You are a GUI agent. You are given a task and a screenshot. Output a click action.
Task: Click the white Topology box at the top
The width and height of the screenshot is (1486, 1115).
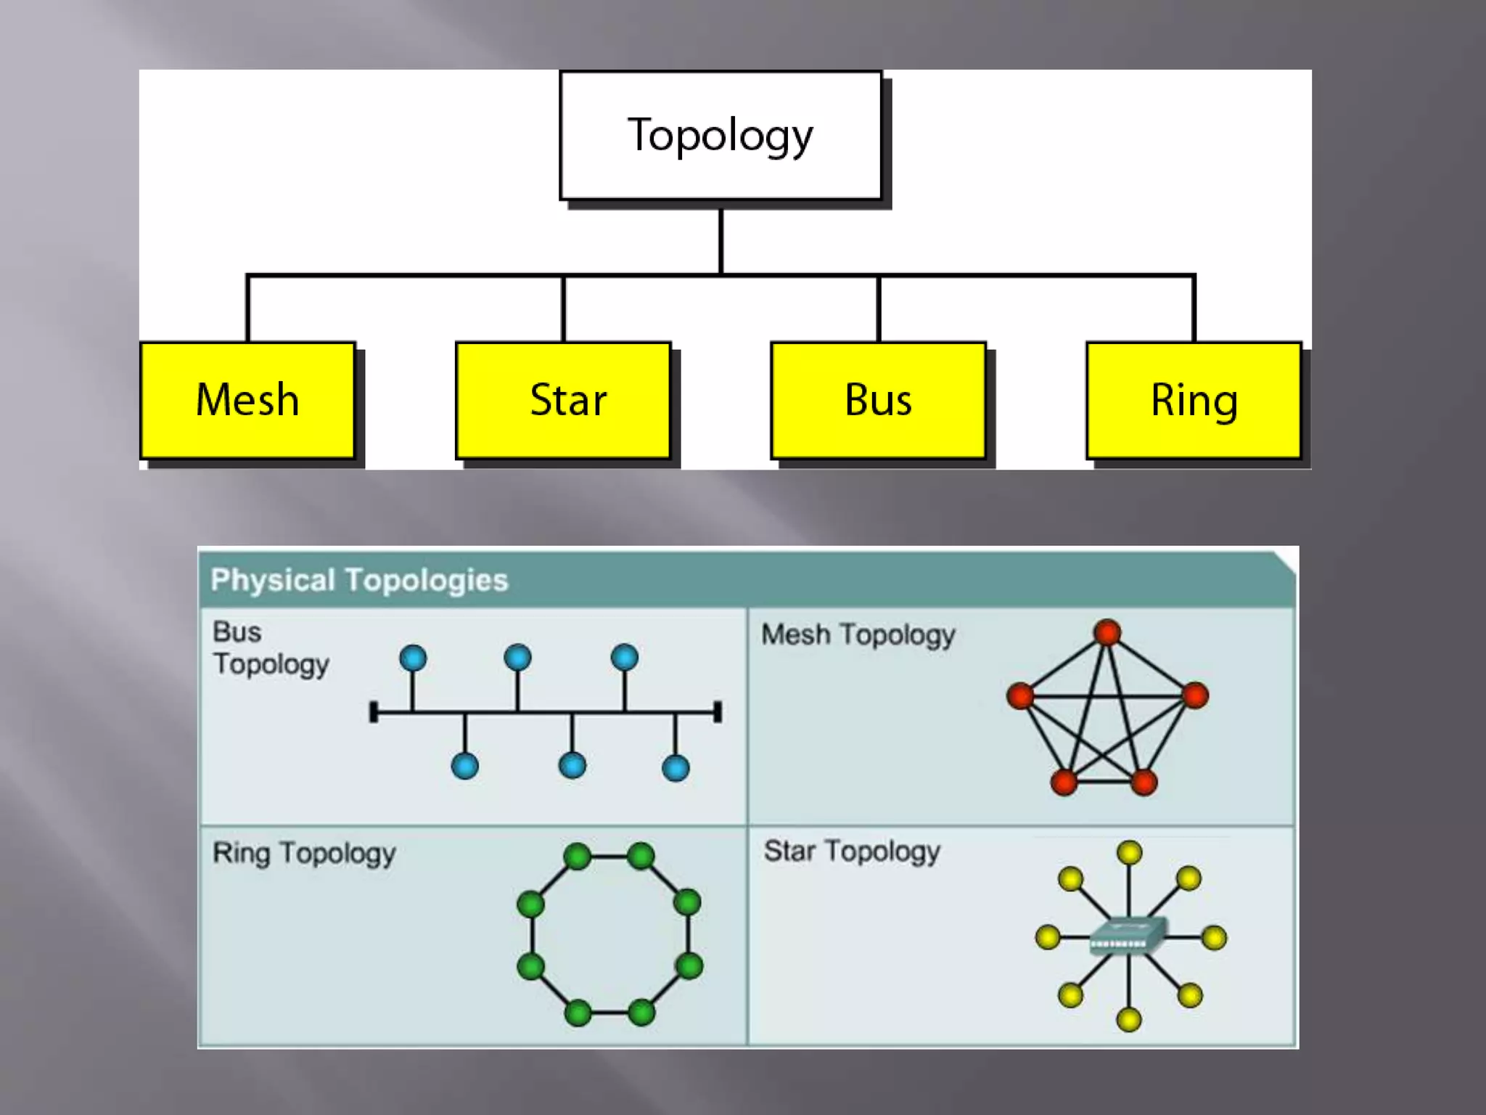pyautogui.click(x=721, y=135)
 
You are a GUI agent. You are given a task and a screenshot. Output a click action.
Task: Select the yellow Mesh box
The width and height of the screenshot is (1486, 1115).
pyautogui.click(x=247, y=400)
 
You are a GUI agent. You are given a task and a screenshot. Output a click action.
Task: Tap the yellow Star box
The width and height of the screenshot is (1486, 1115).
pyautogui.click(x=563, y=400)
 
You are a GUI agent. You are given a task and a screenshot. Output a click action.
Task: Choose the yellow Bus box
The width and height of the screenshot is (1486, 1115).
pyautogui.click(x=878, y=400)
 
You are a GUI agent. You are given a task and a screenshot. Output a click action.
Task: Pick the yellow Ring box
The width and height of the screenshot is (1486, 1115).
pyautogui.click(x=1194, y=400)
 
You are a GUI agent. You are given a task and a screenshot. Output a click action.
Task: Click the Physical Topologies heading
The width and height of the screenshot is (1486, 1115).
pyautogui.click(x=359, y=580)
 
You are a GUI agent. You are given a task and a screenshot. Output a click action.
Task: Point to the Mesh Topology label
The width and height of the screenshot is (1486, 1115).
pyautogui.click(x=858, y=635)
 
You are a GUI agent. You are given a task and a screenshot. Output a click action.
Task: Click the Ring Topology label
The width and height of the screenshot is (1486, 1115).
pyautogui.click(x=304, y=853)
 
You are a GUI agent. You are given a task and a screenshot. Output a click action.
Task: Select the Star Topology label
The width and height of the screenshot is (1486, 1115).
pyautogui.click(x=852, y=851)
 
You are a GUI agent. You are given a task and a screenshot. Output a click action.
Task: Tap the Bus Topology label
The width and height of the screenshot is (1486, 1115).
pyautogui.click(x=270, y=648)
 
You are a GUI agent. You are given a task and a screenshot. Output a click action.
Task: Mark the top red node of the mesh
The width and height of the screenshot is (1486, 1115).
pyautogui.click(x=1107, y=632)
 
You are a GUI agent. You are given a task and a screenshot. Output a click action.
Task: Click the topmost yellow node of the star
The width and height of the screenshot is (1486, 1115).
pyautogui.click(x=1130, y=852)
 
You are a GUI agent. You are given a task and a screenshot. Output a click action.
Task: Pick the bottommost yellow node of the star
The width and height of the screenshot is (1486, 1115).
pyautogui.click(x=1128, y=1020)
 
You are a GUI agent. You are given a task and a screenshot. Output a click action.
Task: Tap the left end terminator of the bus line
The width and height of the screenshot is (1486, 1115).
pyautogui.click(x=374, y=712)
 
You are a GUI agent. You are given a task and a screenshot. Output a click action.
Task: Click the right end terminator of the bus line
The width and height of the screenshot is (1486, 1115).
pyautogui.click(x=718, y=712)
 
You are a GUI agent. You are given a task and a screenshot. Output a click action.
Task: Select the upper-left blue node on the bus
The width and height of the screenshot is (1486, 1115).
pyautogui.click(x=413, y=658)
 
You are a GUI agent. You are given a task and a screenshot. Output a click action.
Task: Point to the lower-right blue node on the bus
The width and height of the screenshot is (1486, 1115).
pyautogui.click(x=676, y=768)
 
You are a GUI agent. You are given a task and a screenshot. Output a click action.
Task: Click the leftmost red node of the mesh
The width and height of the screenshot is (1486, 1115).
pyautogui.click(x=1020, y=695)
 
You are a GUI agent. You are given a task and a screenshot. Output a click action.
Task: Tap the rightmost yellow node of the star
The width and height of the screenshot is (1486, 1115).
pyautogui.click(x=1214, y=938)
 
